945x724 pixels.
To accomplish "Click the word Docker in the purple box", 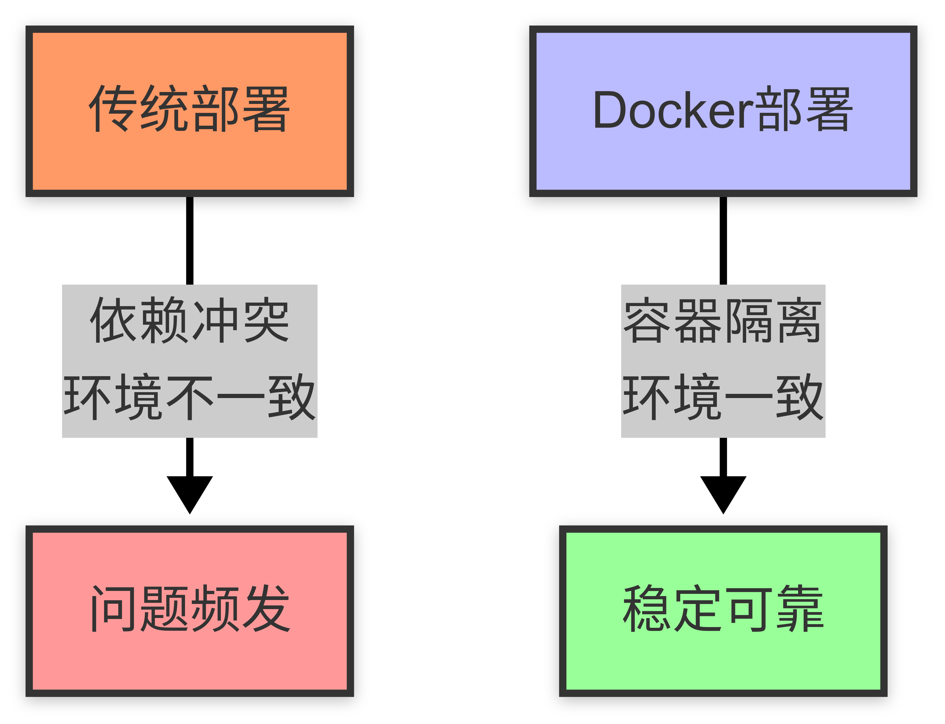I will [673, 110].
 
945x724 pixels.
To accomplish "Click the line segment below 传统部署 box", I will [190, 239].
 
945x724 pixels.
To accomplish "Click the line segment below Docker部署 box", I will [723, 239].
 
